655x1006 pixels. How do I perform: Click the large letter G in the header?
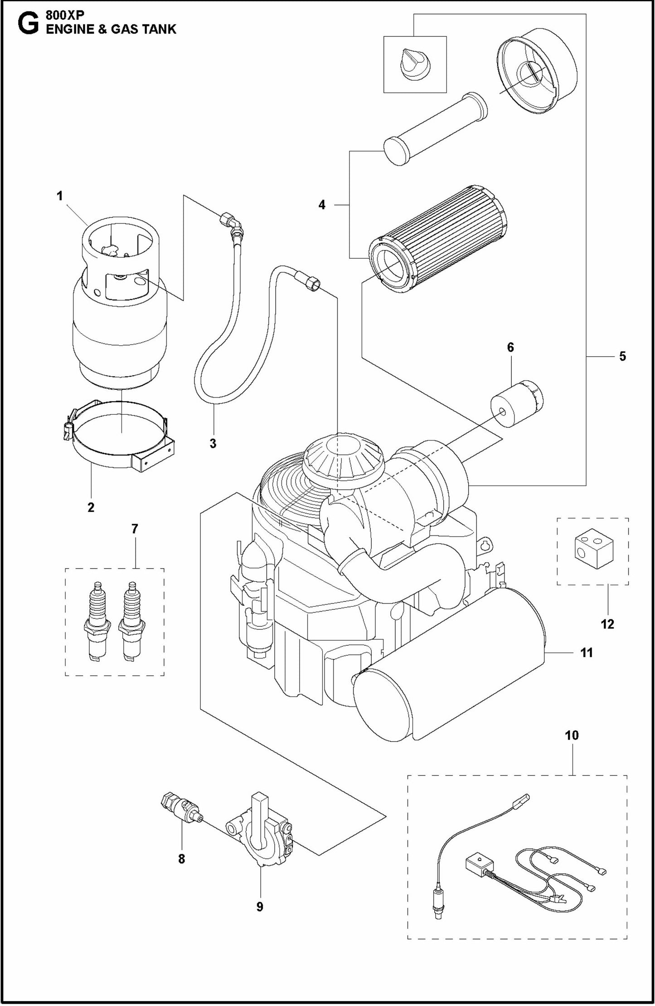27,25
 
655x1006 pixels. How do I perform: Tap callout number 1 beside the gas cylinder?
59,196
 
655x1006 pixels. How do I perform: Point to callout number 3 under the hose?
213,443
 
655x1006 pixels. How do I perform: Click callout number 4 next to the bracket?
321,205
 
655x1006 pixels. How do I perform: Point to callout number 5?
622,356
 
